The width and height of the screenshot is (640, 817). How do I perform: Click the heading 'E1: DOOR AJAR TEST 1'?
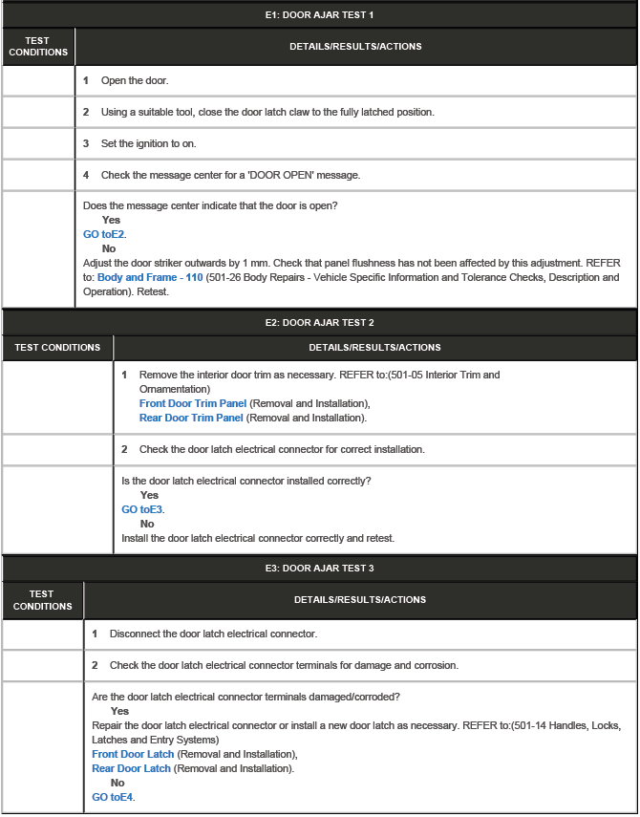coord(319,15)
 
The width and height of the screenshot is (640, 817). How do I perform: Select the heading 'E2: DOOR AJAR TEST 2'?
coord(319,323)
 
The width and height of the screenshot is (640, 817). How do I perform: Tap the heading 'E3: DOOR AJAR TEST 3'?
coord(319,569)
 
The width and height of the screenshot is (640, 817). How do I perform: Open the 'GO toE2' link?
coord(104,234)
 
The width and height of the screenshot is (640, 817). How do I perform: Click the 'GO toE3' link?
coord(142,509)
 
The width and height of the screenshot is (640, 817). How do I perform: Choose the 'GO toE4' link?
coord(113,797)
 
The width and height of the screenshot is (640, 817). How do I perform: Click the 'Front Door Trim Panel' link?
coord(192,404)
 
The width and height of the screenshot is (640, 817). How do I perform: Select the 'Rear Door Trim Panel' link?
coord(191,418)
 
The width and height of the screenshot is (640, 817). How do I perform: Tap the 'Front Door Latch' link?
coord(133,755)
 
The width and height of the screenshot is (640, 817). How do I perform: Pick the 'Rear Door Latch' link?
coord(131,768)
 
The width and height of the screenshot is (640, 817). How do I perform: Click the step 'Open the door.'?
coord(134,80)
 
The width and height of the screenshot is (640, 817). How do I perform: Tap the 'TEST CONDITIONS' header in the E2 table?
coord(57,348)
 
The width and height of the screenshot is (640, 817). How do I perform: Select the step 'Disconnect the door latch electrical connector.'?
coord(213,634)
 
